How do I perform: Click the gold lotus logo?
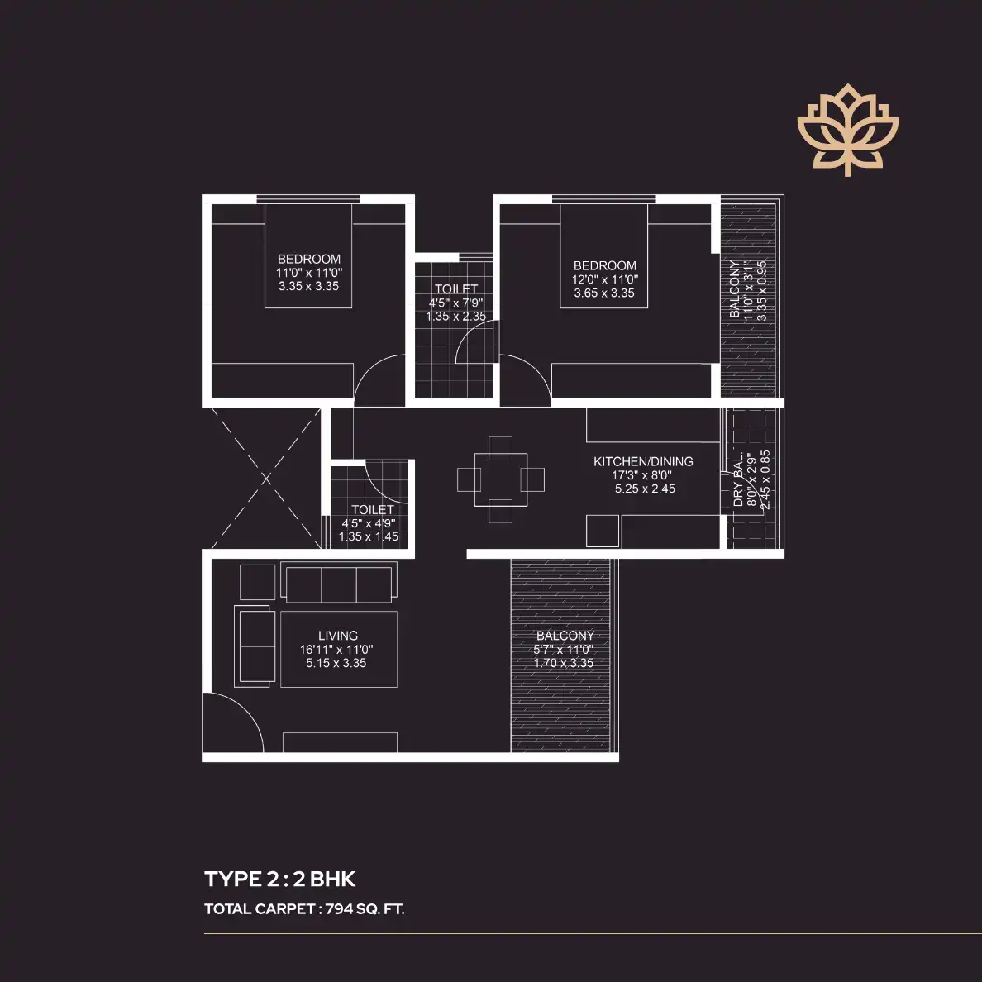click(847, 129)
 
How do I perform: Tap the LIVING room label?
click(337, 636)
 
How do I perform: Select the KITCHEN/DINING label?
click(643, 461)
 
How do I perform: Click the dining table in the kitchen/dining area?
click(501, 479)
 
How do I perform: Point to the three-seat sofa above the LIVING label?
click(339, 584)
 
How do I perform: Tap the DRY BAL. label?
click(738, 483)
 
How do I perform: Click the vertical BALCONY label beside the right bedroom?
click(735, 290)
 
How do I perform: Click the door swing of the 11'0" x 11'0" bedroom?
click(379, 381)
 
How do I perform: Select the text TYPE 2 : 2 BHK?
click(280, 879)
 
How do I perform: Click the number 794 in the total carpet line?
click(339, 909)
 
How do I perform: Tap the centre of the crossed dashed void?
click(266, 478)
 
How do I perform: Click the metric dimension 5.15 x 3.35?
click(336, 663)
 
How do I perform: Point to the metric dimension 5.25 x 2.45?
click(645, 489)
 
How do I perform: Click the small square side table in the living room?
click(257, 582)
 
